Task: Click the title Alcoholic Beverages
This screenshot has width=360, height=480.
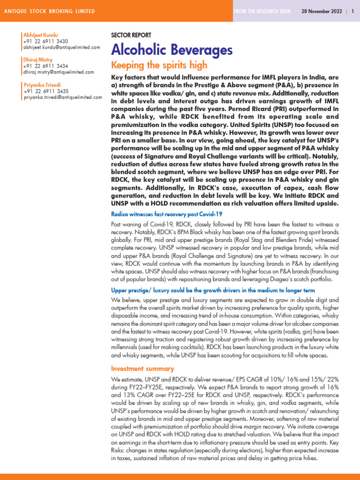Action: click(172, 50)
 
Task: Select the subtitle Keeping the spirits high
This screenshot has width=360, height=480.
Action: click(159, 65)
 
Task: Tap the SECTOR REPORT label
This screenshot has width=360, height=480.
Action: click(131, 36)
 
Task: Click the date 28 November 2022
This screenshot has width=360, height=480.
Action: click(321, 11)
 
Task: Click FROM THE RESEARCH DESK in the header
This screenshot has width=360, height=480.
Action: click(262, 11)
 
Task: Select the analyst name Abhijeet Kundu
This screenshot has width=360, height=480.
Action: click(40, 35)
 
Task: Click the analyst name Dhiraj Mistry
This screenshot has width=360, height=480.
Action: click(37, 60)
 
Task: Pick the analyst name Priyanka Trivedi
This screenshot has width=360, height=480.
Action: click(41, 85)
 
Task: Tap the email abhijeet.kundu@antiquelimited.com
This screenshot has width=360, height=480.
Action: click(61, 47)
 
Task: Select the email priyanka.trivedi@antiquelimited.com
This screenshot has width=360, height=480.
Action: click(62, 97)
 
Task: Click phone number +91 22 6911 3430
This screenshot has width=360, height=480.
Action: click(45, 41)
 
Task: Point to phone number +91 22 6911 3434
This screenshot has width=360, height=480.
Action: click(45, 66)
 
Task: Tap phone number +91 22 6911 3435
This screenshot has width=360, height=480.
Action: click(45, 91)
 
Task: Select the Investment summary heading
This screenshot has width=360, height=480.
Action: click(135, 369)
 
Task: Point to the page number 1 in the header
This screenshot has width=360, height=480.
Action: click(352, 11)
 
